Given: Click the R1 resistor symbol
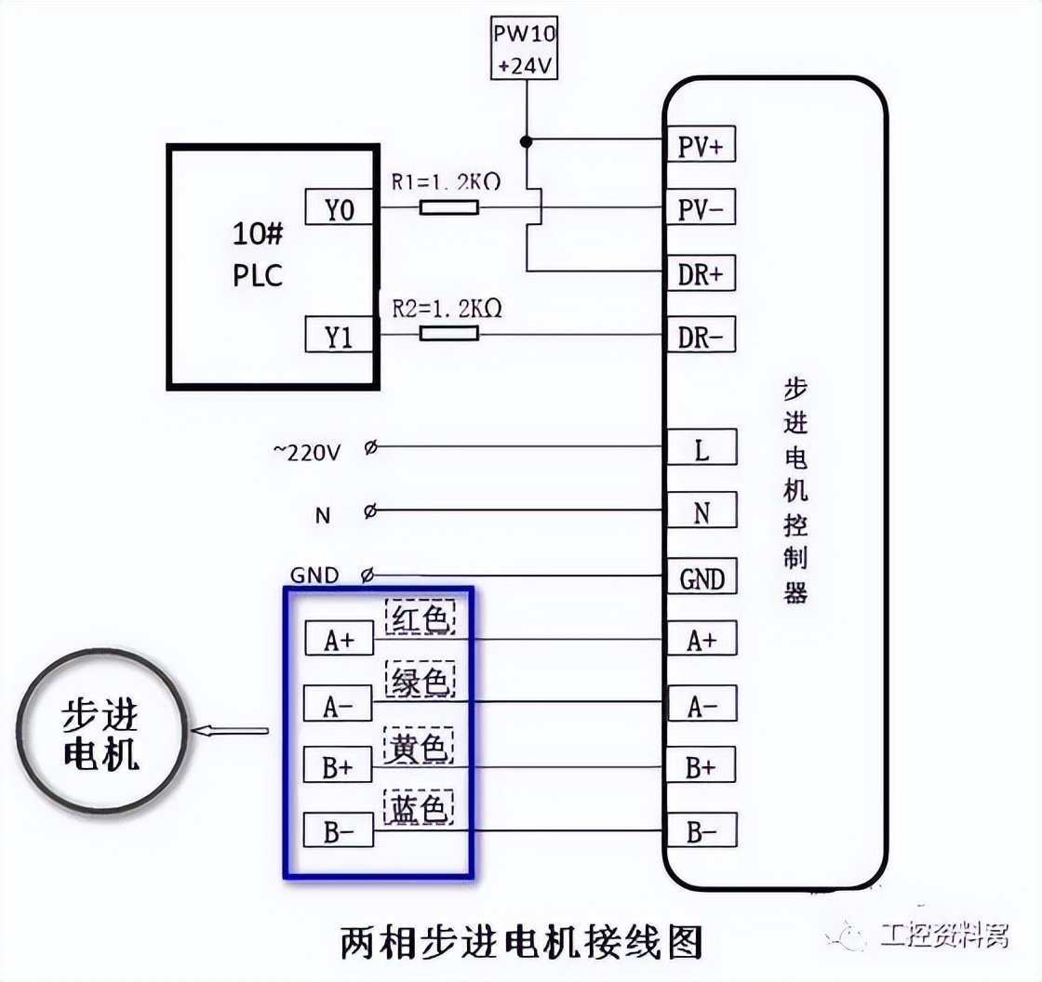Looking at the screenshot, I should pos(449,208).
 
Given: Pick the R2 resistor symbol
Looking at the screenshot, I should pos(449,333).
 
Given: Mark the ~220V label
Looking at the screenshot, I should pos(307,453).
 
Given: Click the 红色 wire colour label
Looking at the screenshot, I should pos(420,618).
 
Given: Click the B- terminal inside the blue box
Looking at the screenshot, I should pos(339,830).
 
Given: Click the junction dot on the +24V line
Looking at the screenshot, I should pos(526,141).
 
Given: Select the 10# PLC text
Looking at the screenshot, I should pos(258,255).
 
